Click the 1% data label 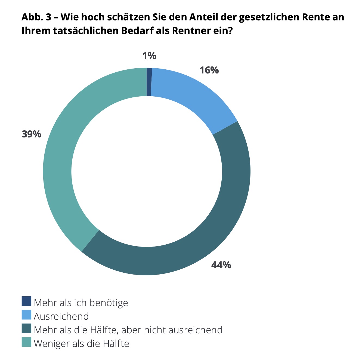tap(149, 56)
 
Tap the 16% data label tap(209, 70)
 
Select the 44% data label tap(221, 265)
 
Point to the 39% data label tap(32, 134)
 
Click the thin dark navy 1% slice tap(149, 82)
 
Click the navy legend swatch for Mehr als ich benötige tap(26, 301)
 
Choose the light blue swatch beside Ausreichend tap(26, 315)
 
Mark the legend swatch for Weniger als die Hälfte tap(26, 342)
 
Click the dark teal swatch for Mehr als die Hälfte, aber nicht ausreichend tap(26, 328)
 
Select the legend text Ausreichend tap(61, 316)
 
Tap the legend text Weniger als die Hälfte tap(81, 343)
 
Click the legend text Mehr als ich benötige tap(81, 303)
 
